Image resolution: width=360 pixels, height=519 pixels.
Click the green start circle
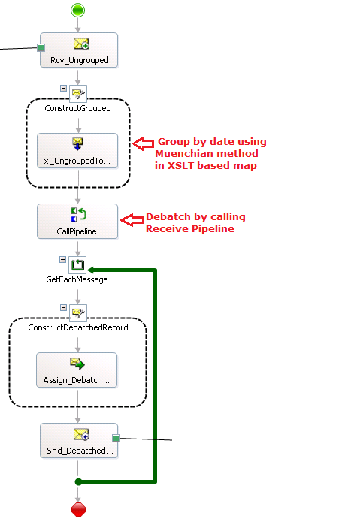[x=78, y=10]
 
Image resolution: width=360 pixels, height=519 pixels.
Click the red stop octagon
[x=78, y=510]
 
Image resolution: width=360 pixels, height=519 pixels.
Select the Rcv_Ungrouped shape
[x=79, y=50]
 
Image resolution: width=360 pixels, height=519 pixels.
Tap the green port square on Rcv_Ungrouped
[x=41, y=47]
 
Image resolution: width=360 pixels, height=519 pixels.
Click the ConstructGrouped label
[x=78, y=108]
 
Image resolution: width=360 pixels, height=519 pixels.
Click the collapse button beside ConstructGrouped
[x=64, y=88]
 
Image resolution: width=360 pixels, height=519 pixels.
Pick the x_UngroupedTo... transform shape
[x=77, y=151]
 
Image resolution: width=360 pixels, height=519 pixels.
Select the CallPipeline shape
[x=77, y=221]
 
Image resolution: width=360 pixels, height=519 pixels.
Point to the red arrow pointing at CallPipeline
[x=132, y=220]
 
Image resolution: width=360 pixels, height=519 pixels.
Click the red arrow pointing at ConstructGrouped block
[x=143, y=143]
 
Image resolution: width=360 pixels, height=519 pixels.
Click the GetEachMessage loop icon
[x=78, y=265]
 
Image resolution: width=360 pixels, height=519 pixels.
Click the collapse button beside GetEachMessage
[x=62, y=260]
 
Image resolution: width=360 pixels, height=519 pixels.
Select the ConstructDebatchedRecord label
[x=78, y=327]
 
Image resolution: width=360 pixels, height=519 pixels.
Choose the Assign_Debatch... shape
[x=77, y=370]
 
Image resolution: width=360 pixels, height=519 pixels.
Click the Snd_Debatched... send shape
[x=79, y=441]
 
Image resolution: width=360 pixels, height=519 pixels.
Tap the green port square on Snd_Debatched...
[x=116, y=438]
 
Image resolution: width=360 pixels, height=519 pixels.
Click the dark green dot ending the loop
[x=78, y=482]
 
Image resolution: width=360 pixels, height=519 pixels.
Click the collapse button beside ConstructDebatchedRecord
[x=64, y=307]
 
